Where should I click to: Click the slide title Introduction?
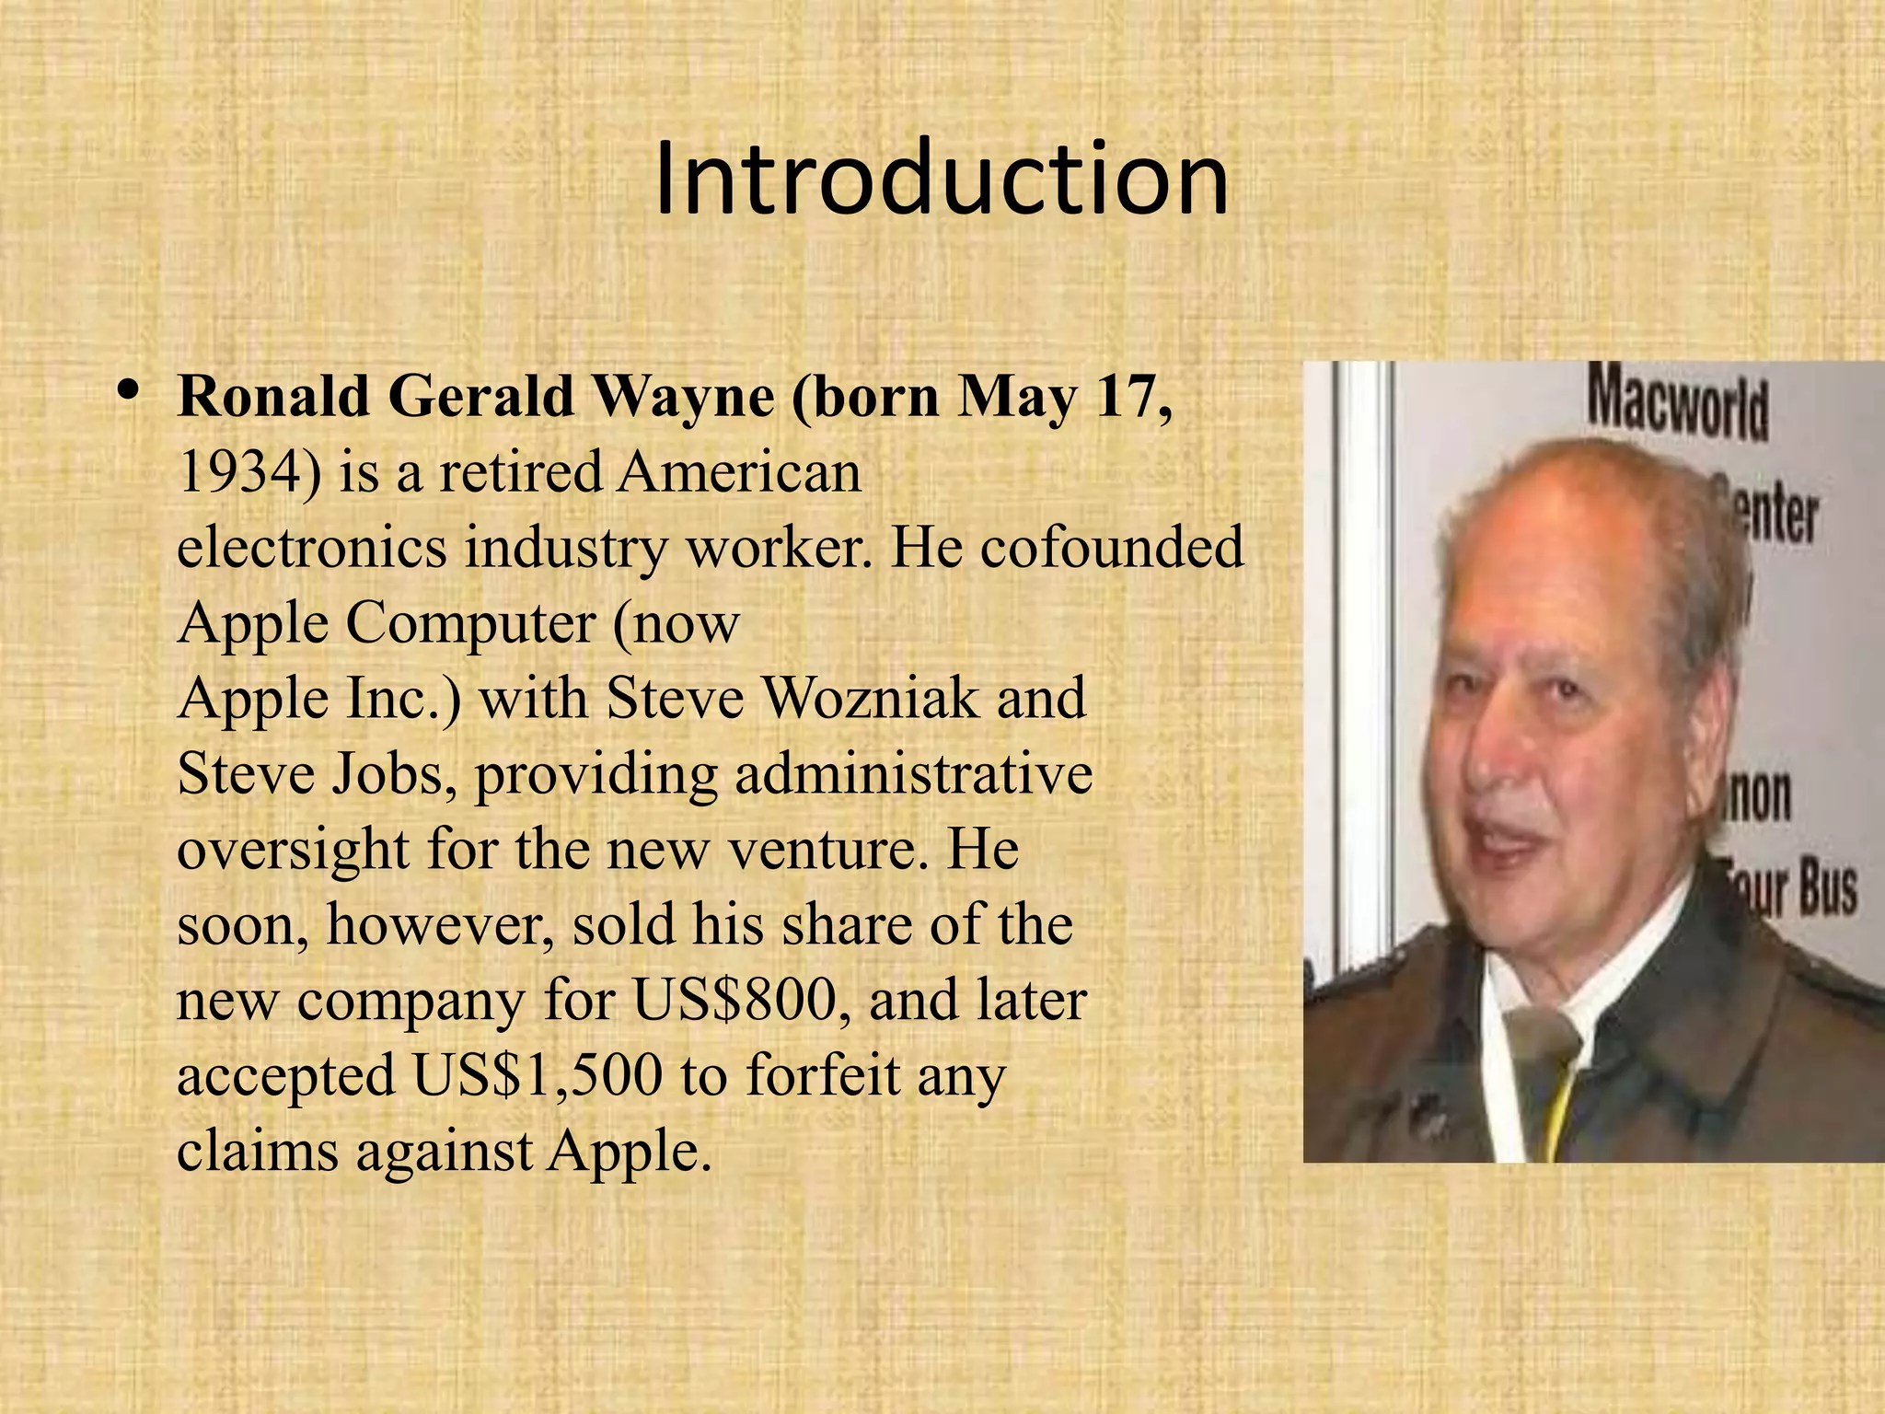coord(942,179)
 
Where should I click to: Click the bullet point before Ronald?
coord(129,392)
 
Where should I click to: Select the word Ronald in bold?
coord(274,398)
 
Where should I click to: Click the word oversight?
coord(293,851)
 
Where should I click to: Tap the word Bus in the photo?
coord(1827,889)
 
